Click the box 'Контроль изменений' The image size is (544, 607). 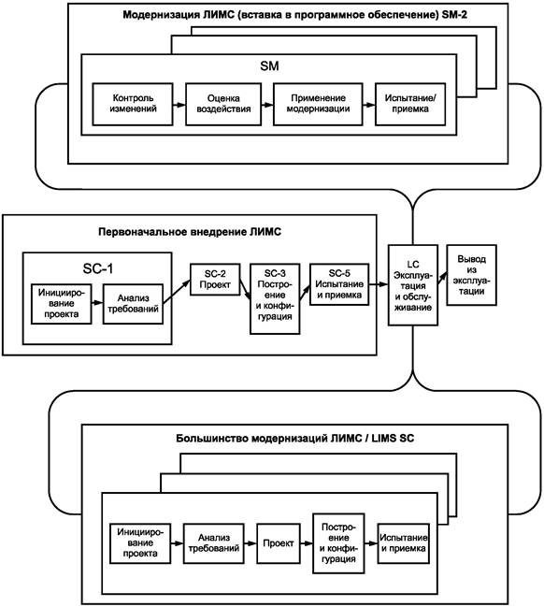(x=133, y=104)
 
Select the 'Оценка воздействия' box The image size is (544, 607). (x=223, y=104)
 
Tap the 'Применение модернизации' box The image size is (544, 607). (x=318, y=104)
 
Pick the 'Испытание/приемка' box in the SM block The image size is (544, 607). (x=410, y=104)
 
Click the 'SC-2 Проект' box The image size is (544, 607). (x=215, y=280)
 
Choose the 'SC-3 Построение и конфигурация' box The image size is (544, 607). (x=275, y=299)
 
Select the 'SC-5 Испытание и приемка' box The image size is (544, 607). (x=339, y=284)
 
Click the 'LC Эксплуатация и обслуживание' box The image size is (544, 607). (x=413, y=285)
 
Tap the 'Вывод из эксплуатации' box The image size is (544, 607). (x=471, y=275)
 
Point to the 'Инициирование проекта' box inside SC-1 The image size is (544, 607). (x=61, y=304)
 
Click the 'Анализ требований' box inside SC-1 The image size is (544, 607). (x=133, y=304)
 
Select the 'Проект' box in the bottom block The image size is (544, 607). (x=279, y=543)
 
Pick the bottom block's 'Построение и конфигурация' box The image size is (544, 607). (x=338, y=543)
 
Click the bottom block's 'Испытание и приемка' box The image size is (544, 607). (x=404, y=543)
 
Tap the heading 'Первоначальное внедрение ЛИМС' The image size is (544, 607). (x=190, y=232)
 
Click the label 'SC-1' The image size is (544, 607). (x=98, y=268)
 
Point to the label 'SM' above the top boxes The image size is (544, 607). (x=269, y=65)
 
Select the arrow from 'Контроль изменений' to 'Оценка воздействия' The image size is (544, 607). (x=179, y=105)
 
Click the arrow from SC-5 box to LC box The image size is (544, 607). (x=379, y=284)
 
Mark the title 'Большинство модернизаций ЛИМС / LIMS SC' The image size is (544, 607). (x=294, y=439)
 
